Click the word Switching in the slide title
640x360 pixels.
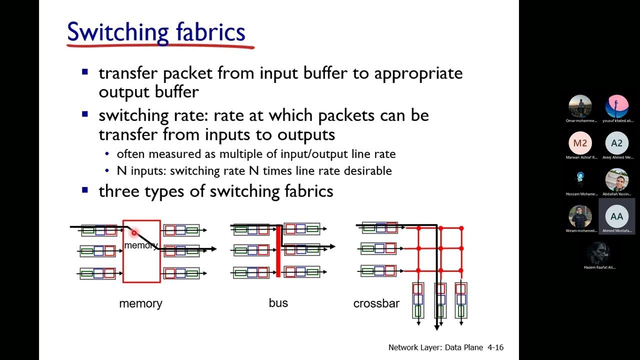118,32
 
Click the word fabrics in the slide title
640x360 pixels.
210,32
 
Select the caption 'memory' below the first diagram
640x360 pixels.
140,303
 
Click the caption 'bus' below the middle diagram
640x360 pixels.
278,303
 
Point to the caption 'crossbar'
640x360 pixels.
376,303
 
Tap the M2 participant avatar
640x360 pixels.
580,143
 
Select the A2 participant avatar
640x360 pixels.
617,143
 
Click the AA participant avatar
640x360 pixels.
617,216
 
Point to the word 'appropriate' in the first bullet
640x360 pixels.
418,73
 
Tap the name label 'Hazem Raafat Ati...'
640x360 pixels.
599,267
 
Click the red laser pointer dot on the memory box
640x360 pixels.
134,233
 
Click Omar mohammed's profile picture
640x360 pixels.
580,106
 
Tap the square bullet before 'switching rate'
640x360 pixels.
85,114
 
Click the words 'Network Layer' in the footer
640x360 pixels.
414,347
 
